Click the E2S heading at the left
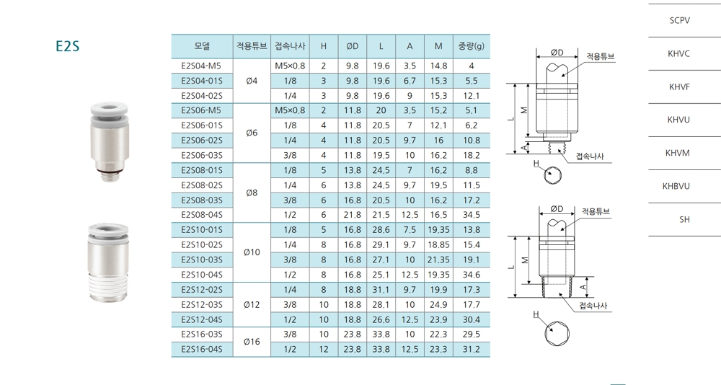[67, 47]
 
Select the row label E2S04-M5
[201, 66]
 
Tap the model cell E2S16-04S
[202, 350]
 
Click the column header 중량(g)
[471, 47]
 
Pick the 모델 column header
[202, 47]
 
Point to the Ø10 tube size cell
[252, 252]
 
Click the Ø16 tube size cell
[252, 342]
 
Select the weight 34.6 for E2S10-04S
[471, 275]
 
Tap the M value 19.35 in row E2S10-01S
[438, 229]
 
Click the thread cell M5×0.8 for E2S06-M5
[290, 111]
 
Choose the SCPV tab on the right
[679, 20]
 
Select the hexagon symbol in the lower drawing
[554, 329]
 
